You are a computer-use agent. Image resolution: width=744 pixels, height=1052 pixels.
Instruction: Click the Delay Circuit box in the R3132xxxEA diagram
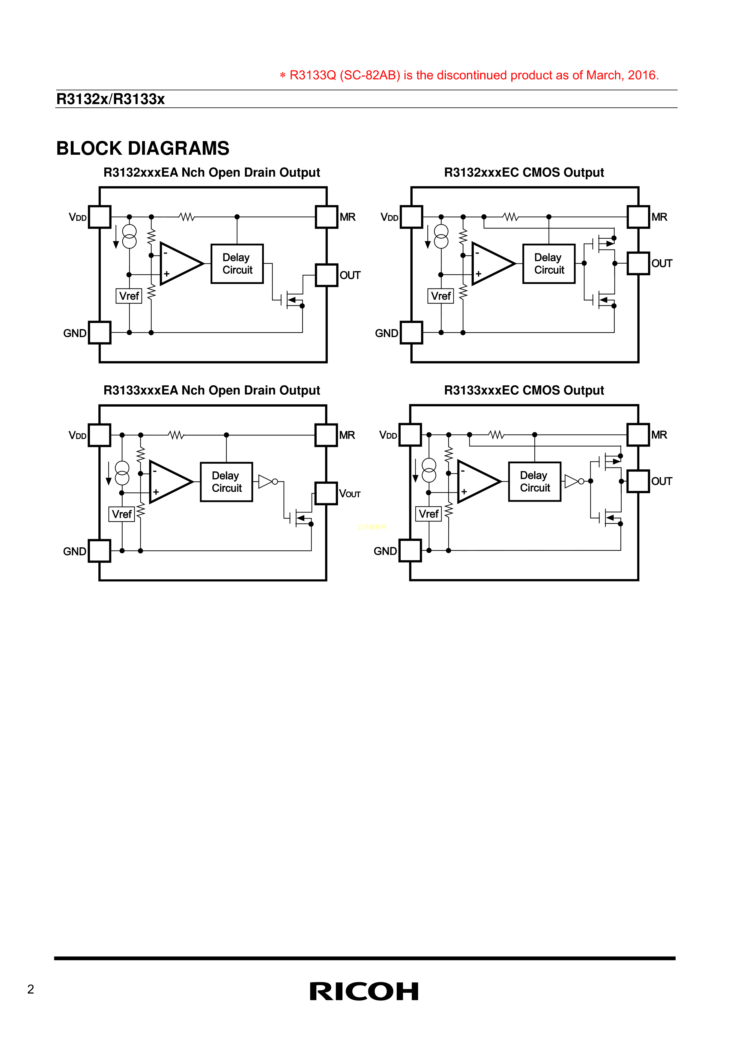click(237, 264)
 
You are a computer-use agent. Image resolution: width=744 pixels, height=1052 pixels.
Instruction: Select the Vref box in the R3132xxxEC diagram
click(441, 296)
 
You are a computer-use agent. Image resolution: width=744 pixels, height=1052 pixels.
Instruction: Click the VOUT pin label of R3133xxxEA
click(350, 494)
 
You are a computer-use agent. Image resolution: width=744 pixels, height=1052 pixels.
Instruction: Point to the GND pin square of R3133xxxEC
click(410, 551)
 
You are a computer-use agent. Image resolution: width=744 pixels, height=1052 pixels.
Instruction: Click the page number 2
click(31, 989)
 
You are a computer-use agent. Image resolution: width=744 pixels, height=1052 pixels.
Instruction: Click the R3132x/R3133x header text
click(110, 99)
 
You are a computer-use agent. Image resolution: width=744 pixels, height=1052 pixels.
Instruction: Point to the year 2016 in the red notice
click(642, 75)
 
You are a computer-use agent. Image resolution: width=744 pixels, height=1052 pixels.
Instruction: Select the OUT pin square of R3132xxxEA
click(327, 275)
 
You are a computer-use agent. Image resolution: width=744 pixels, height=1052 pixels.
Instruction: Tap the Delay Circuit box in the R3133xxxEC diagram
click(535, 482)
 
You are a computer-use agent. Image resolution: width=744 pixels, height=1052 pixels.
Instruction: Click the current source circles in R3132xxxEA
click(130, 236)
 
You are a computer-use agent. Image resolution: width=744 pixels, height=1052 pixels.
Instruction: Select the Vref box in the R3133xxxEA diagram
click(122, 514)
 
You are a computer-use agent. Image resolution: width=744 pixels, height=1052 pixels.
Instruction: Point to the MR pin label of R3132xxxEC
click(659, 217)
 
